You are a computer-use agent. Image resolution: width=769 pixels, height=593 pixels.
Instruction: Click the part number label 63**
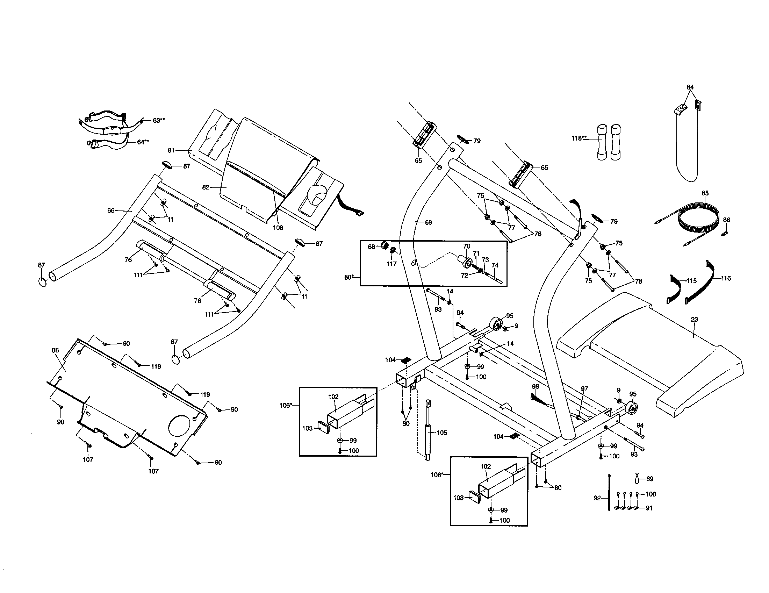[158, 120]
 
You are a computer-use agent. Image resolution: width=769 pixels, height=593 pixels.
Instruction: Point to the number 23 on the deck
[694, 320]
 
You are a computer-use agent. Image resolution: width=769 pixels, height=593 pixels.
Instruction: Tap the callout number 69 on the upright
[428, 223]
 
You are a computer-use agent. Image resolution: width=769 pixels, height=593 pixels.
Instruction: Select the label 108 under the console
[278, 228]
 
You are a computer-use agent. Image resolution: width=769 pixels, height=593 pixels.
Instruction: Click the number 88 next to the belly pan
[55, 350]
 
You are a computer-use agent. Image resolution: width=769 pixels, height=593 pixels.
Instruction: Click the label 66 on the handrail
[111, 210]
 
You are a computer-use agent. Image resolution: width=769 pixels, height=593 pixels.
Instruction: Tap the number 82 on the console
[206, 187]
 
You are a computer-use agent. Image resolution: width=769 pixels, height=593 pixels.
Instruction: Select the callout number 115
[691, 281]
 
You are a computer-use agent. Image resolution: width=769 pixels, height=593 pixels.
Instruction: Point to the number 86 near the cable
[726, 220]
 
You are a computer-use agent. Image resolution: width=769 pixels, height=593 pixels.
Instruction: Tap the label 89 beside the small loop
[650, 479]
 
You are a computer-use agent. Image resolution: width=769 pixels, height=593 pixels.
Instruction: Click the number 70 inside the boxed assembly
[467, 247]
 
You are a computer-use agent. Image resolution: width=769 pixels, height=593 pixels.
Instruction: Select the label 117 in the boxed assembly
[391, 264]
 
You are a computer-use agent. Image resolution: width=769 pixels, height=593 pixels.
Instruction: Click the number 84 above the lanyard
[690, 87]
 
